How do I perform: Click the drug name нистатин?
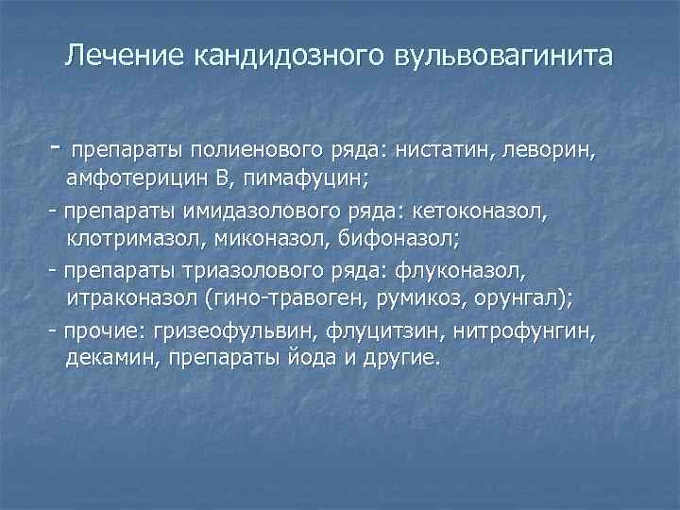444,149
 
